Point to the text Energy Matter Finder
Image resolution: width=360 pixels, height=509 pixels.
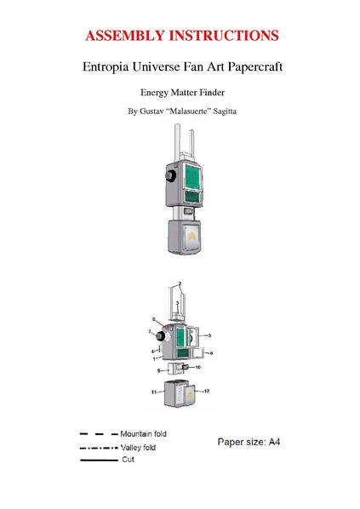[180, 91]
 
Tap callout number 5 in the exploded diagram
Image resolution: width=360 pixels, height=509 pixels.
[209, 335]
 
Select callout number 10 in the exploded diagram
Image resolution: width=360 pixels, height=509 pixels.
[198, 367]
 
